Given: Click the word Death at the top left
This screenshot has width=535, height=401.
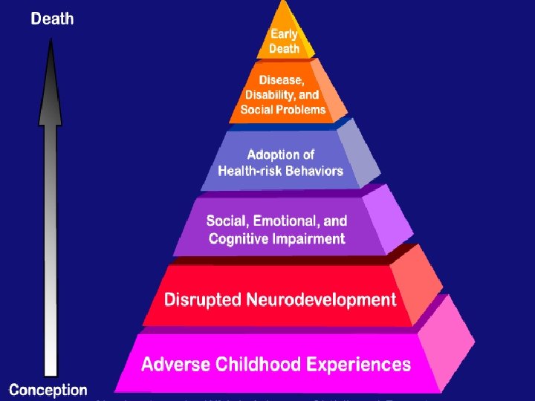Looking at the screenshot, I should click(52, 18).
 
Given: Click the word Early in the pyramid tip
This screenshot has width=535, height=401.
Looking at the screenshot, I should click(285, 34).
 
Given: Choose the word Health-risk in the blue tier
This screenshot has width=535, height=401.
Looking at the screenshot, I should click(248, 171).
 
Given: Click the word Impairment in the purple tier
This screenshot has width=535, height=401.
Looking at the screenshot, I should click(308, 238).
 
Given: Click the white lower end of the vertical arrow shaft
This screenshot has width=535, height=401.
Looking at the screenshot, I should click(51, 368).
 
